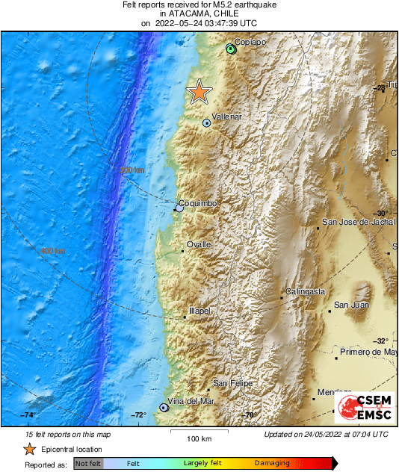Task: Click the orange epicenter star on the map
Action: (199, 92)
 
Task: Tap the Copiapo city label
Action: (250, 42)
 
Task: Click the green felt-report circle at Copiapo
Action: (231, 49)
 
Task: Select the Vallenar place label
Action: (226, 117)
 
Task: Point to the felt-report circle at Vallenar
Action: (206, 123)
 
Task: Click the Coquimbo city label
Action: (199, 203)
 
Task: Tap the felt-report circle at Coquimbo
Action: (179, 208)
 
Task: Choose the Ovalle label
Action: (199, 244)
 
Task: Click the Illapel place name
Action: (199, 310)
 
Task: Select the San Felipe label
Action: (232, 384)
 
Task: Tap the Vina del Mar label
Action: (191, 401)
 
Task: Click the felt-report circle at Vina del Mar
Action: (164, 408)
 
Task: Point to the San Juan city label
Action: (350, 305)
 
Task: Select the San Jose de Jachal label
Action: (357, 222)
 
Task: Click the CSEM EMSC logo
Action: (364, 407)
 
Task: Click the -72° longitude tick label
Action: (139, 414)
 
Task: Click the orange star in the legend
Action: (29, 449)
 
